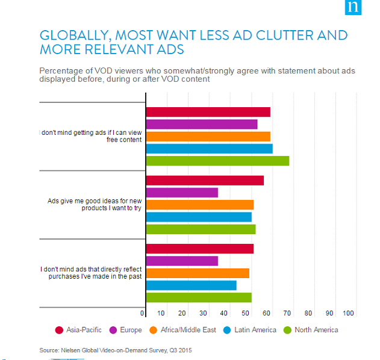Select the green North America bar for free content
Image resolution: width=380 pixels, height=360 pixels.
[217, 161]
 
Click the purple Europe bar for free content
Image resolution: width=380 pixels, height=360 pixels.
[202, 124]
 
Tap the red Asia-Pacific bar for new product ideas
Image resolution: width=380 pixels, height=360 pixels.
[205, 181]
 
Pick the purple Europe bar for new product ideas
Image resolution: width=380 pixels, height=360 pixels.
[182, 193]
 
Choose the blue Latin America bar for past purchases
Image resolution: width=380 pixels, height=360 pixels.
[191, 285]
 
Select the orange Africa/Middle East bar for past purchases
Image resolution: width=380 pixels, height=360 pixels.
[198, 273]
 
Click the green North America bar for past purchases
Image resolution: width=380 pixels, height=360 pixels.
[199, 297]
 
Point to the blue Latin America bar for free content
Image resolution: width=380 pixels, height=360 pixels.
[209, 149]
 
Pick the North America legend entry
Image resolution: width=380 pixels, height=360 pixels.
[312, 330]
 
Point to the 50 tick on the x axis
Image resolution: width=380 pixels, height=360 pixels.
[246, 314]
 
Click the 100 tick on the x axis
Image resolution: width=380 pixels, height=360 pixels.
[349, 314]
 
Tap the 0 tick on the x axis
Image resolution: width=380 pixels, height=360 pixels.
[143, 314]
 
